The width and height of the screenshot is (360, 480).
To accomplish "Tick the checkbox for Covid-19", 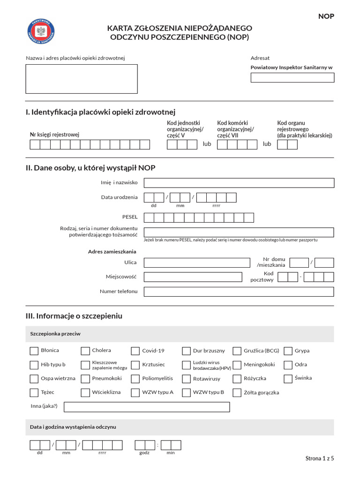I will click(x=135, y=351).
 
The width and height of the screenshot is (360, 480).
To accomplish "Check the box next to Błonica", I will click(x=34, y=351).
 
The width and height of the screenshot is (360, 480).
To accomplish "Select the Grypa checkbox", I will click(x=288, y=351).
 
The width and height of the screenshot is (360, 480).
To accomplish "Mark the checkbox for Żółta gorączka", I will click(x=237, y=393).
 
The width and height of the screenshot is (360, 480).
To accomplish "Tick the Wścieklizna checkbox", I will click(x=85, y=393).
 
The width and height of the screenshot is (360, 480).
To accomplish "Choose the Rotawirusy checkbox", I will click(x=186, y=379).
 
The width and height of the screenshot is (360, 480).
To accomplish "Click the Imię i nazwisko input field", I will click(x=239, y=183).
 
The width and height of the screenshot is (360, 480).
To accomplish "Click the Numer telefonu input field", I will click(x=239, y=292).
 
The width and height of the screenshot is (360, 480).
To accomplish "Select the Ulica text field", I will click(x=197, y=263).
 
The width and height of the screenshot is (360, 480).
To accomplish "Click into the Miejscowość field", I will click(x=197, y=277).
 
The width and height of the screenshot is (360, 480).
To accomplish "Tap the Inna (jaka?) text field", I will click(x=147, y=407).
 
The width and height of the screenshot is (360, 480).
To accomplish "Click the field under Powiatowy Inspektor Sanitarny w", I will click(x=292, y=78).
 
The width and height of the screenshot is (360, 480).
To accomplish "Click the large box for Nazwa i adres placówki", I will click(x=82, y=79).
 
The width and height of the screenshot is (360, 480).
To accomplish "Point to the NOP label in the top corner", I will click(x=326, y=16).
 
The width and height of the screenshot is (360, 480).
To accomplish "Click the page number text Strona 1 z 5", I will click(x=320, y=459).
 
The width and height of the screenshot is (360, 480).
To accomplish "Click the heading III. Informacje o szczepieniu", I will click(x=74, y=316).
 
